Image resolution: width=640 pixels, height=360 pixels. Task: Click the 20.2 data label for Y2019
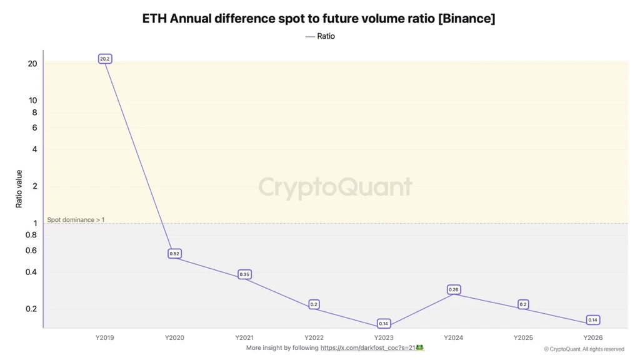[x=105, y=59]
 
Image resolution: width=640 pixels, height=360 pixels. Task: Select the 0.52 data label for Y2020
[x=174, y=254]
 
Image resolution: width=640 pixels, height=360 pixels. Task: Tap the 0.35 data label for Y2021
[x=244, y=274]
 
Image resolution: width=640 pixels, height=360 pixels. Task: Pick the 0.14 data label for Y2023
[x=384, y=324]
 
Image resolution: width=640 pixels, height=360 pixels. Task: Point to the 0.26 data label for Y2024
[x=454, y=289]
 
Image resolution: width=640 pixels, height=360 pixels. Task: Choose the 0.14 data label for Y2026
[x=592, y=320]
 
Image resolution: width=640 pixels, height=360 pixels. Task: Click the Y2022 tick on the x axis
[x=314, y=337]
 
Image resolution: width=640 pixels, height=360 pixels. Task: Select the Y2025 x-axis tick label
[x=523, y=337]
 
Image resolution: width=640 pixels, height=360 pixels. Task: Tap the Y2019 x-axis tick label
[x=105, y=337]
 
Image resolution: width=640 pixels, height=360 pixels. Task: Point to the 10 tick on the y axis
[x=32, y=101]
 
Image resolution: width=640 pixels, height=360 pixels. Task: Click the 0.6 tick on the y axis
[x=31, y=250]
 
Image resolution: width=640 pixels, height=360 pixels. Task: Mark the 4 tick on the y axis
[x=35, y=149]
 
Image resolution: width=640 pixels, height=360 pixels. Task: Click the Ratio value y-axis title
[x=19, y=189]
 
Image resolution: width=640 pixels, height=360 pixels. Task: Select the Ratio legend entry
[x=321, y=36]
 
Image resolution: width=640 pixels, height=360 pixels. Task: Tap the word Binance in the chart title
[x=466, y=18]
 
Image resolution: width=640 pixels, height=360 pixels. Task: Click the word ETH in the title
[x=154, y=18]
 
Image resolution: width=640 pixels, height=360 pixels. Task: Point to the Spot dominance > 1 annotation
[x=76, y=219]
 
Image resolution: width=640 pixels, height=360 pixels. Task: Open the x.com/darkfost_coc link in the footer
[x=367, y=347]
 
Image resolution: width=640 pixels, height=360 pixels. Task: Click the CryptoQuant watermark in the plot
[x=335, y=187]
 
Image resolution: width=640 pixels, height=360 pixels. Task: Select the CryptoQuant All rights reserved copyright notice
[x=584, y=349]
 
